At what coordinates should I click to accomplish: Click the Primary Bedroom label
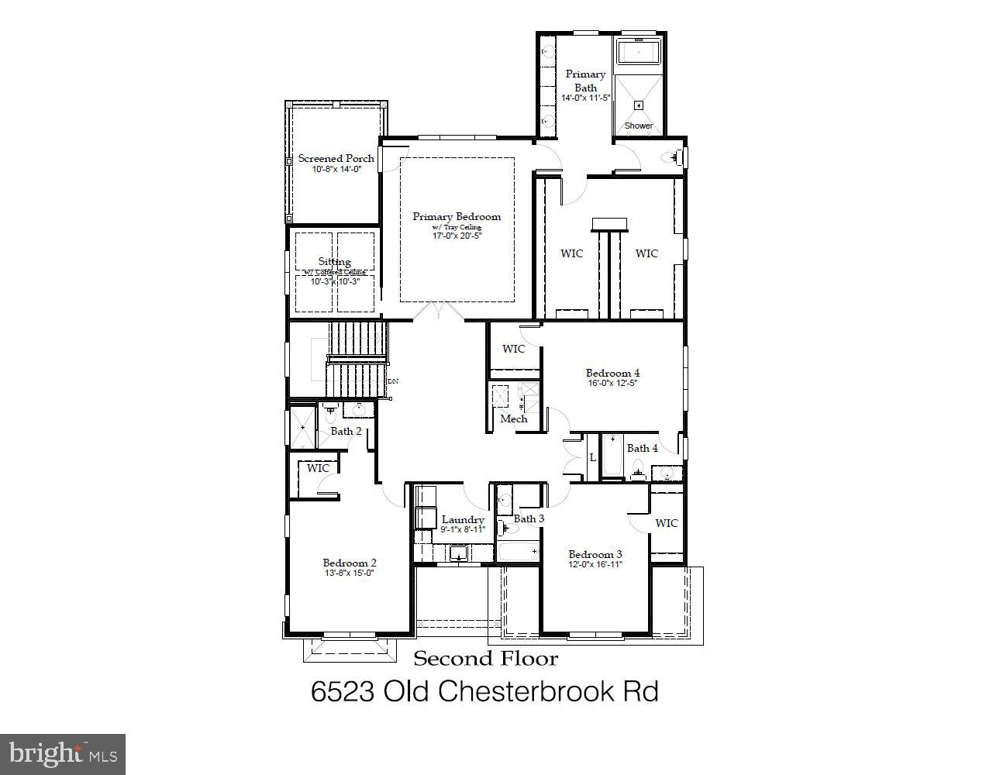pyautogui.click(x=456, y=217)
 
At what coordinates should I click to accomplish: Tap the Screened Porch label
pyautogui.click(x=336, y=158)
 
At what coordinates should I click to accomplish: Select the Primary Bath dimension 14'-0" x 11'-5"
pyautogui.click(x=585, y=98)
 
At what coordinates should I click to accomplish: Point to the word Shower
pyautogui.click(x=639, y=126)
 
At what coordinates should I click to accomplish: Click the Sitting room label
pyautogui.click(x=334, y=262)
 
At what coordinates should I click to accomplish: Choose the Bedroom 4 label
pyautogui.click(x=612, y=373)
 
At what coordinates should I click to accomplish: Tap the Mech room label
pyautogui.click(x=513, y=418)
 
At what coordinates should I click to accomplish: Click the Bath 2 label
pyautogui.click(x=346, y=431)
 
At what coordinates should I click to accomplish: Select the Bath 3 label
pyautogui.click(x=529, y=518)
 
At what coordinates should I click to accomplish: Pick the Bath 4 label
pyautogui.click(x=642, y=448)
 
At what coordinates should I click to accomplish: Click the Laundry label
pyautogui.click(x=463, y=520)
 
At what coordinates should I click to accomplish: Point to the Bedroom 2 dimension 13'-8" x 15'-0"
pyautogui.click(x=349, y=573)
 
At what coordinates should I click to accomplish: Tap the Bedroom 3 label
pyautogui.click(x=595, y=554)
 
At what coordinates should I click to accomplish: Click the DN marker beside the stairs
pyautogui.click(x=393, y=381)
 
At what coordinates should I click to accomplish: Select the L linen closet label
pyautogui.click(x=592, y=458)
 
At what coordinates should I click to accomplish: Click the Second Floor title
pyautogui.click(x=485, y=659)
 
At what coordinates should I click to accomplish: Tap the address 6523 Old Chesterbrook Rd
pyautogui.click(x=484, y=691)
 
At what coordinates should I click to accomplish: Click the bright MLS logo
pyautogui.click(x=63, y=753)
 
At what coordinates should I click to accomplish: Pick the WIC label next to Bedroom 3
pyautogui.click(x=666, y=523)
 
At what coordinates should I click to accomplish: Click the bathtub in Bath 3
pyautogui.click(x=518, y=552)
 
